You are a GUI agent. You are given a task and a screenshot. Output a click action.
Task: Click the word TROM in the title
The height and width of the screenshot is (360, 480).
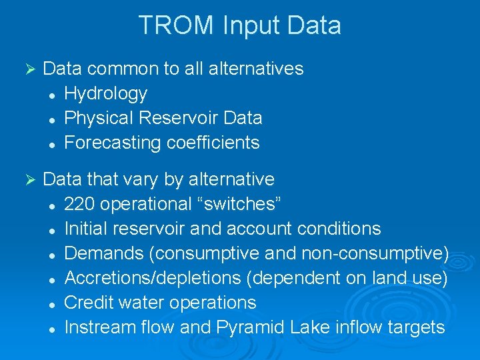tap(176, 25)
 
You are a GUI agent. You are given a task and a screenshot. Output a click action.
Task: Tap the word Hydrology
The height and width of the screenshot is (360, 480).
tap(105, 93)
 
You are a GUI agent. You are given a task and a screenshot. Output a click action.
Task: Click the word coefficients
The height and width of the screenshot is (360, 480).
tap(215, 143)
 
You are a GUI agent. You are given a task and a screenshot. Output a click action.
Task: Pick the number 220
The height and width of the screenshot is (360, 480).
tap(79, 204)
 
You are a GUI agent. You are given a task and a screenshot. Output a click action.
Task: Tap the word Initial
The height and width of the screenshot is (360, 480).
tap(85, 229)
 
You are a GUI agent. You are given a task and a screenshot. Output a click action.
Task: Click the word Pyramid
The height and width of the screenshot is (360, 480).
tap(250, 327)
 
